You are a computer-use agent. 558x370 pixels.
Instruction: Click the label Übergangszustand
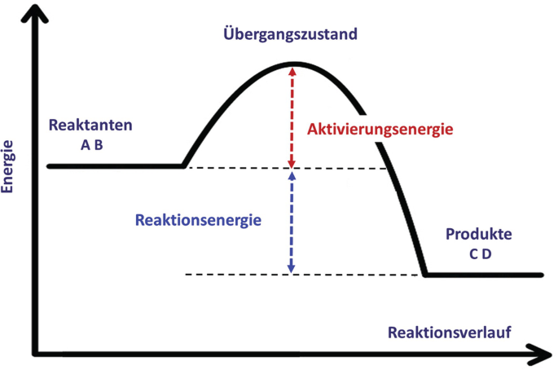click(290, 35)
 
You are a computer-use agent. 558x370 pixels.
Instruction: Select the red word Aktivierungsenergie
click(380, 130)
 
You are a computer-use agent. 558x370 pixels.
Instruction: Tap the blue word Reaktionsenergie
click(198, 220)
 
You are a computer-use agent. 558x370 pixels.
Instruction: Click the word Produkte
click(479, 235)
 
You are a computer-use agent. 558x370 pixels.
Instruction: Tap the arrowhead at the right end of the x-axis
click(541, 355)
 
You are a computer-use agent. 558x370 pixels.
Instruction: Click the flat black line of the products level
click(485, 275)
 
